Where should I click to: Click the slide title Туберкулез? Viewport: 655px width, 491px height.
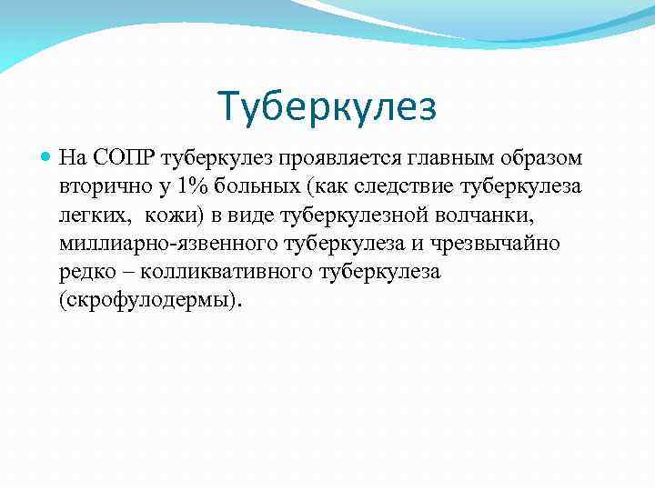tap(327, 105)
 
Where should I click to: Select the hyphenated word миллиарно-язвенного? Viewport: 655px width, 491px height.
tap(167, 244)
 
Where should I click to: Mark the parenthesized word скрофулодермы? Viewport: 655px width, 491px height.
tap(151, 300)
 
